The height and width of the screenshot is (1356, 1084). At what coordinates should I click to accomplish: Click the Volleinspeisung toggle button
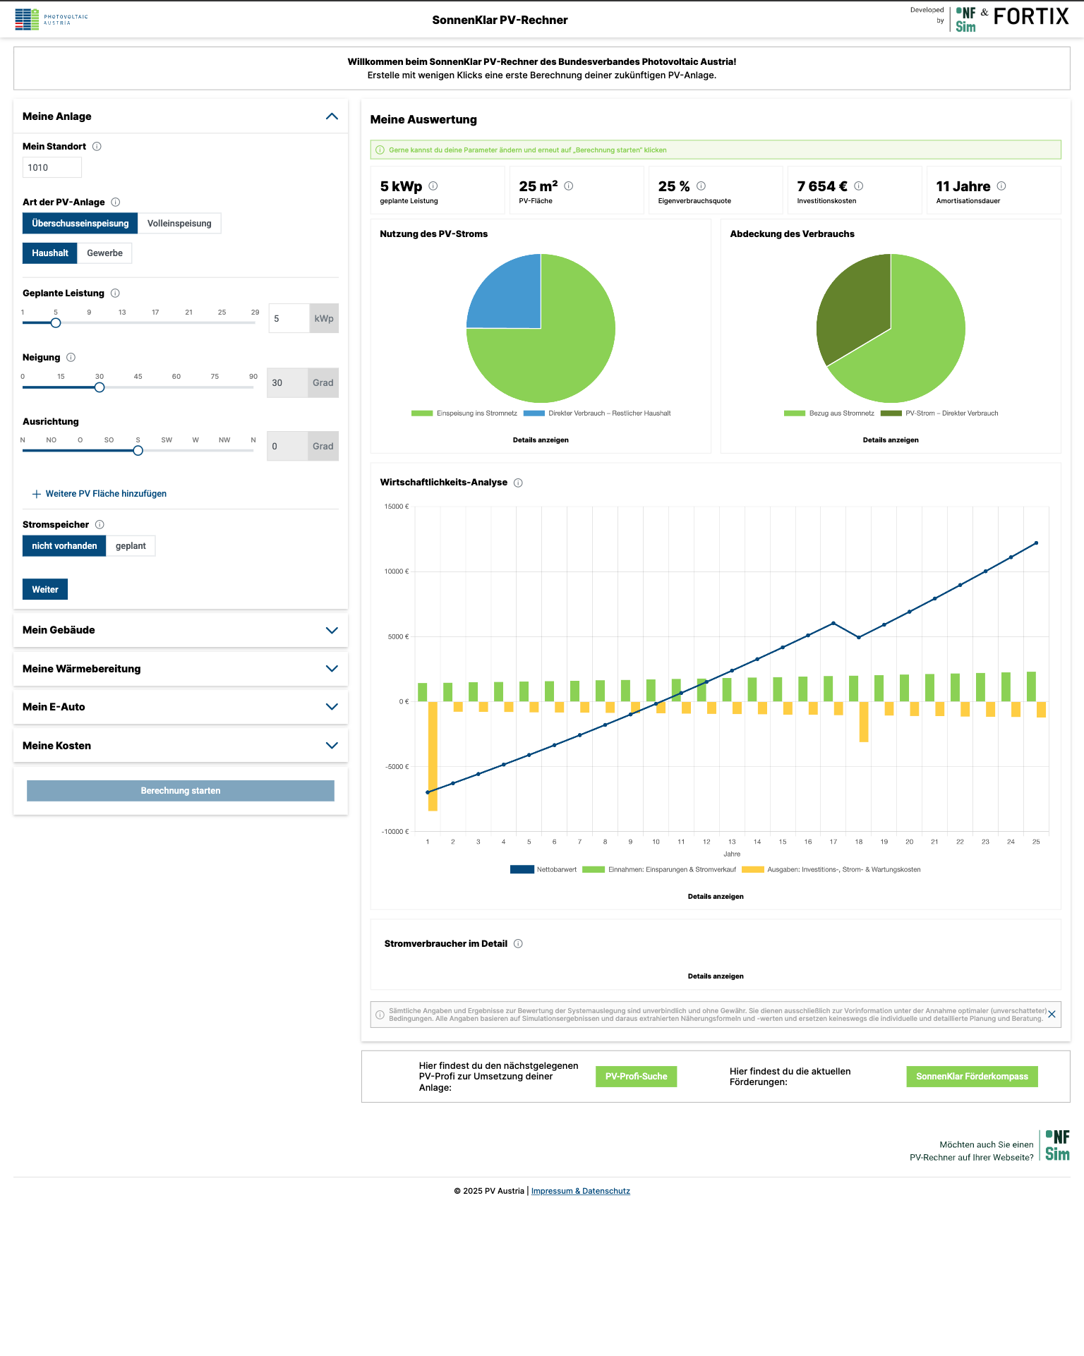(x=179, y=224)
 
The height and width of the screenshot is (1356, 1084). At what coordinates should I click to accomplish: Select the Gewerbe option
(x=104, y=253)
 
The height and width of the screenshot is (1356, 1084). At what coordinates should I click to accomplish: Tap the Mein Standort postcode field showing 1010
(x=52, y=168)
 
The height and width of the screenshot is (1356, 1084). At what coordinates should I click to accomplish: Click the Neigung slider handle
(x=100, y=387)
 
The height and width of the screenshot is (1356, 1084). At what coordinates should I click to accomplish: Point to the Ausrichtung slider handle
(x=138, y=451)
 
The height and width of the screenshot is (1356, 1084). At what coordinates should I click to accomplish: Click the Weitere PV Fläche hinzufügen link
(x=106, y=494)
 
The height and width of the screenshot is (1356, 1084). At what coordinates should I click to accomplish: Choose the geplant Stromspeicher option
(x=131, y=546)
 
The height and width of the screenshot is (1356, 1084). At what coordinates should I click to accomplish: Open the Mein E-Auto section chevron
(x=332, y=707)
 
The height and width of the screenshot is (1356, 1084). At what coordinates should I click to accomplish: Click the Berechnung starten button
(x=181, y=791)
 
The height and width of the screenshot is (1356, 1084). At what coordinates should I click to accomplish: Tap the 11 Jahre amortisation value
(x=963, y=187)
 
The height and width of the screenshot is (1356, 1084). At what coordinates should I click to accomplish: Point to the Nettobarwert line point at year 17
(x=833, y=624)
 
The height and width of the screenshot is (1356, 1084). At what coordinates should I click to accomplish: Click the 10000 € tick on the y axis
(x=397, y=571)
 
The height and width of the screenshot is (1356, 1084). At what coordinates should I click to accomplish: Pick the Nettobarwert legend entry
(x=543, y=870)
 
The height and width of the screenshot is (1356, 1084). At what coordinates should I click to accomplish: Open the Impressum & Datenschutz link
(x=580, y=1191)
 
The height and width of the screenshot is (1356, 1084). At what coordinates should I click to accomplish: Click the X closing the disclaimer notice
(x=1052, y=1015)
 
